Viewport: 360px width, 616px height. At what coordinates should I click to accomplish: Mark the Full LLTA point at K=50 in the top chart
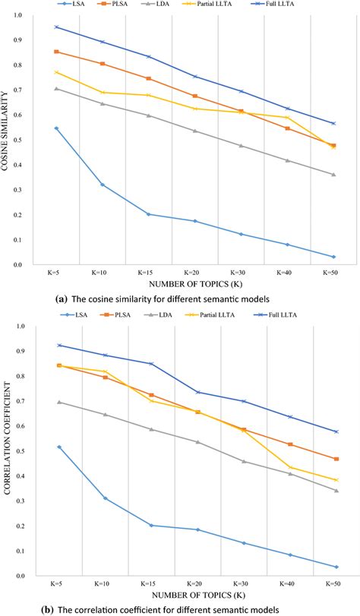[x=333, y=123]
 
